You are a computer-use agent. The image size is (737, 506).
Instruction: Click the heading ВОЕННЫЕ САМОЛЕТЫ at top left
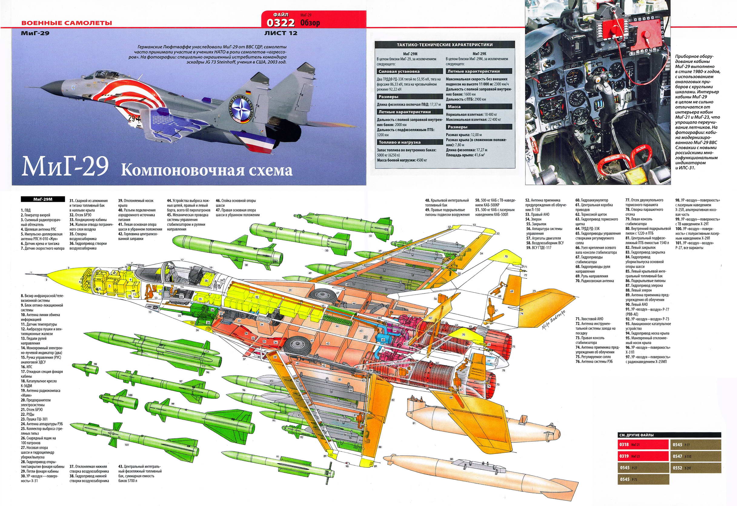(x=67, y=23)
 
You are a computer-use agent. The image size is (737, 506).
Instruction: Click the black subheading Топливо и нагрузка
(x=400, y=142)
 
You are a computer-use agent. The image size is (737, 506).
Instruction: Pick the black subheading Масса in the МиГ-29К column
(x=454, y=107)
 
